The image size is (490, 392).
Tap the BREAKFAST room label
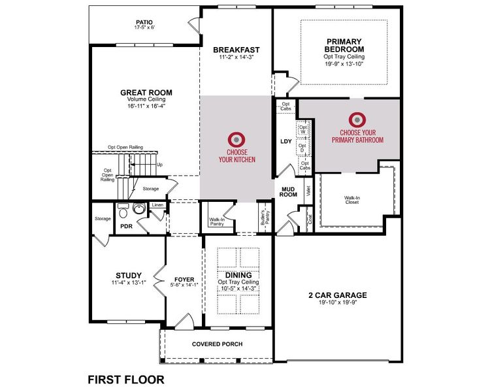[x=237, y=50]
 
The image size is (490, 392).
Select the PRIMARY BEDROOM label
[x=345, y=45]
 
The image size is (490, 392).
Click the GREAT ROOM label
[x=146, y=92]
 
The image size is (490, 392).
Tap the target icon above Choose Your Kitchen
[x=237, y=140]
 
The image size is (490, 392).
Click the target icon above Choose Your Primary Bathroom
[x=357, y=120]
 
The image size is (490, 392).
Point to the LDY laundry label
[x=286, y=141]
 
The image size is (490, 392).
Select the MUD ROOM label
[x=289, y=191]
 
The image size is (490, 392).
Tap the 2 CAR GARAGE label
[x=337, y=295]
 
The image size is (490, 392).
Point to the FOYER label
[x=185, y=278]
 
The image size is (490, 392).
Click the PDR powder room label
[x=127, y=227]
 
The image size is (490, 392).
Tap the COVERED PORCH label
[x=218, y=344]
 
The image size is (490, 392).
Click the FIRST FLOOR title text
[x=125, y=379]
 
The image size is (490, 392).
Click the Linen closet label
[x=157, y=206]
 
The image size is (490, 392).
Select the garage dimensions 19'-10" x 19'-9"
[x=337, y=303]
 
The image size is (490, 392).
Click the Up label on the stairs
[x=160, y=165]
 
